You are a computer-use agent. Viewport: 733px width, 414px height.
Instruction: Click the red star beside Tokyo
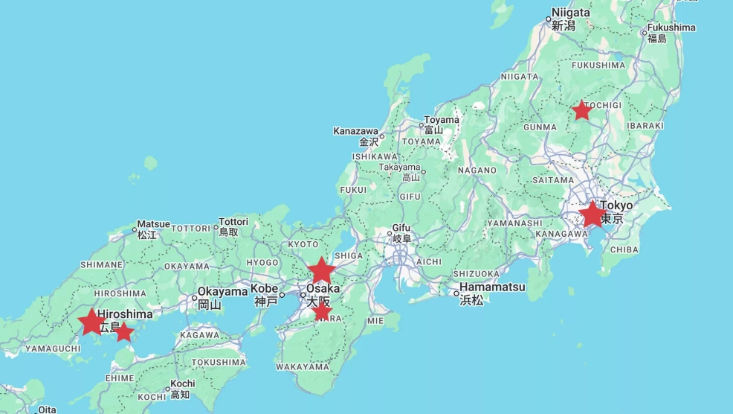coord(592,214)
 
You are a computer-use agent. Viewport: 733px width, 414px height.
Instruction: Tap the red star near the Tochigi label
coord(581,111)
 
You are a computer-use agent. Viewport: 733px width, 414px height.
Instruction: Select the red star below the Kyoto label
coord(321,270)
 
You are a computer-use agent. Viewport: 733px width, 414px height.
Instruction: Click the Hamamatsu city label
coord(492,287)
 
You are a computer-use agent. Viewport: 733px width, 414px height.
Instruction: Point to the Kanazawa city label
coord(356,131)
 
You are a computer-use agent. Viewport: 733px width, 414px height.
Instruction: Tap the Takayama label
coord(399,168)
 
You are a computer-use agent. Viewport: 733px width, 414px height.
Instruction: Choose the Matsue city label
coord(153,224)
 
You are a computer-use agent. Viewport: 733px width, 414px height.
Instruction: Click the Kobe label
coord(264,289)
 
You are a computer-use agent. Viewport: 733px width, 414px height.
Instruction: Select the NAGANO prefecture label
coord(477,171)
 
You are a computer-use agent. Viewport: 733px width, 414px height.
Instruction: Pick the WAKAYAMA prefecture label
coord(302,367)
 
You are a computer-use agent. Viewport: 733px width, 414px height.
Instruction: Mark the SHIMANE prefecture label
coord(101,265)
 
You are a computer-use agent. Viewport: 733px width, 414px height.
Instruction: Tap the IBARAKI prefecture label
coord(645,126)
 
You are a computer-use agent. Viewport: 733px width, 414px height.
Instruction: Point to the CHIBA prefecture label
coord(624,250)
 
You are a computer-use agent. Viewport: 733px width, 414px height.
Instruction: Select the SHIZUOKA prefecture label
coord(476,274)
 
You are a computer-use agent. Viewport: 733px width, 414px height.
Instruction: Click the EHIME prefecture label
coord(119,378)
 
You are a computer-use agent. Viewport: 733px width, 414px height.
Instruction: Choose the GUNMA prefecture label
coord(540,127)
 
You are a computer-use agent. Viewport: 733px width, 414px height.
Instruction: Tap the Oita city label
coord(47,410)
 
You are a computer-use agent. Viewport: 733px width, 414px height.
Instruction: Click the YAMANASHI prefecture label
coord(515,223)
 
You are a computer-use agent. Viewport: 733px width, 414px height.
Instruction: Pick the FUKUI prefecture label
coord(353,190)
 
